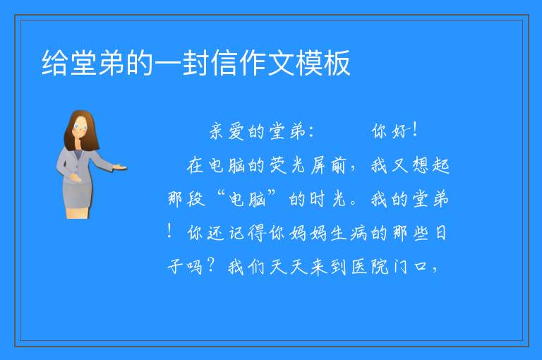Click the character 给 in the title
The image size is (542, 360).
click(x=54, y=63)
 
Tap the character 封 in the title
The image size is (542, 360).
click(x=196, y=63)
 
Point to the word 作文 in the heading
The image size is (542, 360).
click(x=267, y=63)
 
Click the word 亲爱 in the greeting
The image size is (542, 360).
click(x=227, y=131)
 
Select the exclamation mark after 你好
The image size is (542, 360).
click(x=415, y=130)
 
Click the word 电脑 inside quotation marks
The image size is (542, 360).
click(x=247, y=199)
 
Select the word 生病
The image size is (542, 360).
click(x=349, y=233)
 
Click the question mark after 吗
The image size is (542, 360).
click(x=211, y=265)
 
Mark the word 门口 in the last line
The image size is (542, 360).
click(x=410, y=267)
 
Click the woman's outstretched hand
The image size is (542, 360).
click(x=119, y=168)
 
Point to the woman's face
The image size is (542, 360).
click(x=80, y=126)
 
